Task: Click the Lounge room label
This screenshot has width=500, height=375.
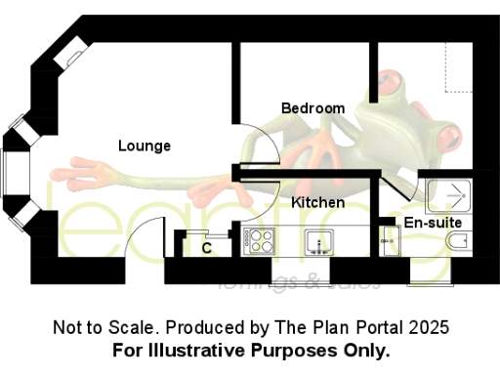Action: [145, 146]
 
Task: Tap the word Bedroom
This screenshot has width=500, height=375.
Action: [312, 107]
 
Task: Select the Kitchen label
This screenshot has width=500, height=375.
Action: [317, 202]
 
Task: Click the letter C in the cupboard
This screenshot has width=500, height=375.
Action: [207, 248]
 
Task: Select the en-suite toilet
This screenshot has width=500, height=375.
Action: [453, 241]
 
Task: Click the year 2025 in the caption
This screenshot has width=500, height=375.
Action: [429, 327]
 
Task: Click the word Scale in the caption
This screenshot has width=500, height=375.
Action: [136, 327]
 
